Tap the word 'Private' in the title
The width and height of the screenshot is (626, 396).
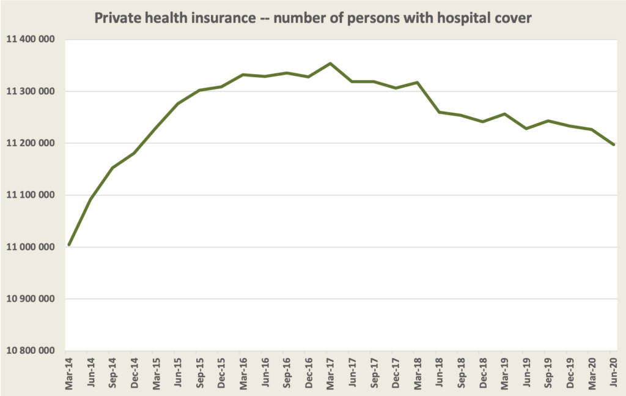(114, 18)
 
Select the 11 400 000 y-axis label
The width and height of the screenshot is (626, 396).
(30, 40)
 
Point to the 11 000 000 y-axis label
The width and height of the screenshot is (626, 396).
(30, 247)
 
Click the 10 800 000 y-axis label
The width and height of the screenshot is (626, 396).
(30, 351)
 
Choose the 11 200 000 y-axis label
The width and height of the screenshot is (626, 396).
(30, 143)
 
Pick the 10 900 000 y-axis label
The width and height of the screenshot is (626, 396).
(30, 299)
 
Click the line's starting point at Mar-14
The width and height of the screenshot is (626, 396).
(69, 245)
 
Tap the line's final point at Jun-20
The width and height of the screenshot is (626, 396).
(613, 144)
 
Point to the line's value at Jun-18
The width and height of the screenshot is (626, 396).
(439, 112)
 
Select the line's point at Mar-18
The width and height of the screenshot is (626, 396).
(417, 82)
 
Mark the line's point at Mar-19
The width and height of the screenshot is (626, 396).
(504, 114)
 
